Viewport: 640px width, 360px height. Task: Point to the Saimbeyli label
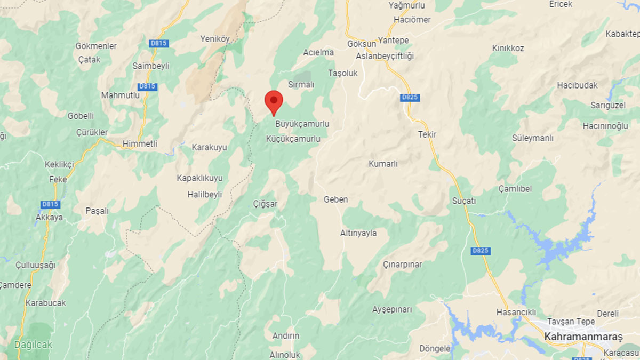click(151, 66)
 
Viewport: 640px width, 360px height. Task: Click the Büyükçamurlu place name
click(302, 124)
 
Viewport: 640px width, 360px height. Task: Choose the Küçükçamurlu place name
click(293, 139)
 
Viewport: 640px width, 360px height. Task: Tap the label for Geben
click(336, 199)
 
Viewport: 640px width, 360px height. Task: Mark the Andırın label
click(286, 336)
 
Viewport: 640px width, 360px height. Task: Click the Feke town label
click(58, 179)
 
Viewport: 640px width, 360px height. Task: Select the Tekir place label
click(427, 134)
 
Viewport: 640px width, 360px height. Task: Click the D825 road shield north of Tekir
click(410, 98)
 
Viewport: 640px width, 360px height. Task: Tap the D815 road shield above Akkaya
click(50, 204)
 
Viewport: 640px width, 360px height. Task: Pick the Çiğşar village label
click(265, 204)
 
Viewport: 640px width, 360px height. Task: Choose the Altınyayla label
click(358, 233)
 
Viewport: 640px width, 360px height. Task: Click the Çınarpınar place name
click(402, 265)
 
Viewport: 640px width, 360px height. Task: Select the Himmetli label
click(140, 144)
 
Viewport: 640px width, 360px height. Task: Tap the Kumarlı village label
click(383, 164)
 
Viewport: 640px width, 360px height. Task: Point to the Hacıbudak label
click(577, 85)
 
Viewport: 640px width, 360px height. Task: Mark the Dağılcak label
click(33, 345)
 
